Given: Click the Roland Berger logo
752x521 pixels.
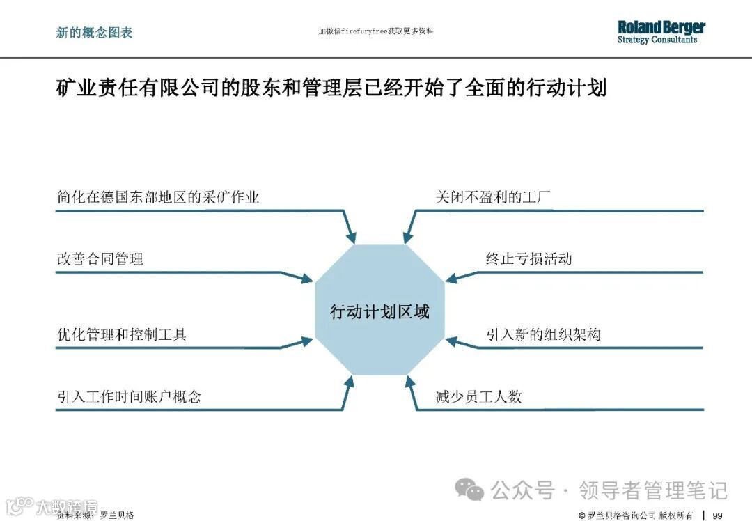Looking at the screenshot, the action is [x=661, y=32].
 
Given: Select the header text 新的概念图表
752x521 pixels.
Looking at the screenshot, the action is [x=94, y=32].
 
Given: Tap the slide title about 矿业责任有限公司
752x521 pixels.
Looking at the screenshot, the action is [x=331, y=89].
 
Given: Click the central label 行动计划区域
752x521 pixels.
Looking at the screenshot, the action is [x=379, y=312].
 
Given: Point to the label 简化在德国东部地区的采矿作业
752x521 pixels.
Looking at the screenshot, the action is [x=158, y=197].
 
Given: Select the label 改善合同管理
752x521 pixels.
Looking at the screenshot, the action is [x=100, y=259].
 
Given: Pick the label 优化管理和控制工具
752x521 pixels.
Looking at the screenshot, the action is [x=121, y=335].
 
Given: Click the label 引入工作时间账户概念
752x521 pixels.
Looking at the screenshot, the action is [x=129, y=397].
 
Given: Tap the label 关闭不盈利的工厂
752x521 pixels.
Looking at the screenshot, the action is [x=493, y=197].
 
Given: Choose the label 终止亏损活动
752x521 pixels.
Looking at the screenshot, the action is [x=528, y=259].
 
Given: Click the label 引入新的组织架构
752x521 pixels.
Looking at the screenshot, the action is [x=543, y=335].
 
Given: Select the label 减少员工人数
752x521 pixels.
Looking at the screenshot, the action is [x=478, y=397].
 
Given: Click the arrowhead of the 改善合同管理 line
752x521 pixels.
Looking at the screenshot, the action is [x=306, y=279].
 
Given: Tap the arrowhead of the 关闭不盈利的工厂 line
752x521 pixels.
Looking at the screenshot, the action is [x=407, y=238].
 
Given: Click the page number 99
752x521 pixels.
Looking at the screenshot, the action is [x=717, y=515].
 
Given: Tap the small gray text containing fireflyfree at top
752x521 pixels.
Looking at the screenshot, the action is [x=375, y=31].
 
